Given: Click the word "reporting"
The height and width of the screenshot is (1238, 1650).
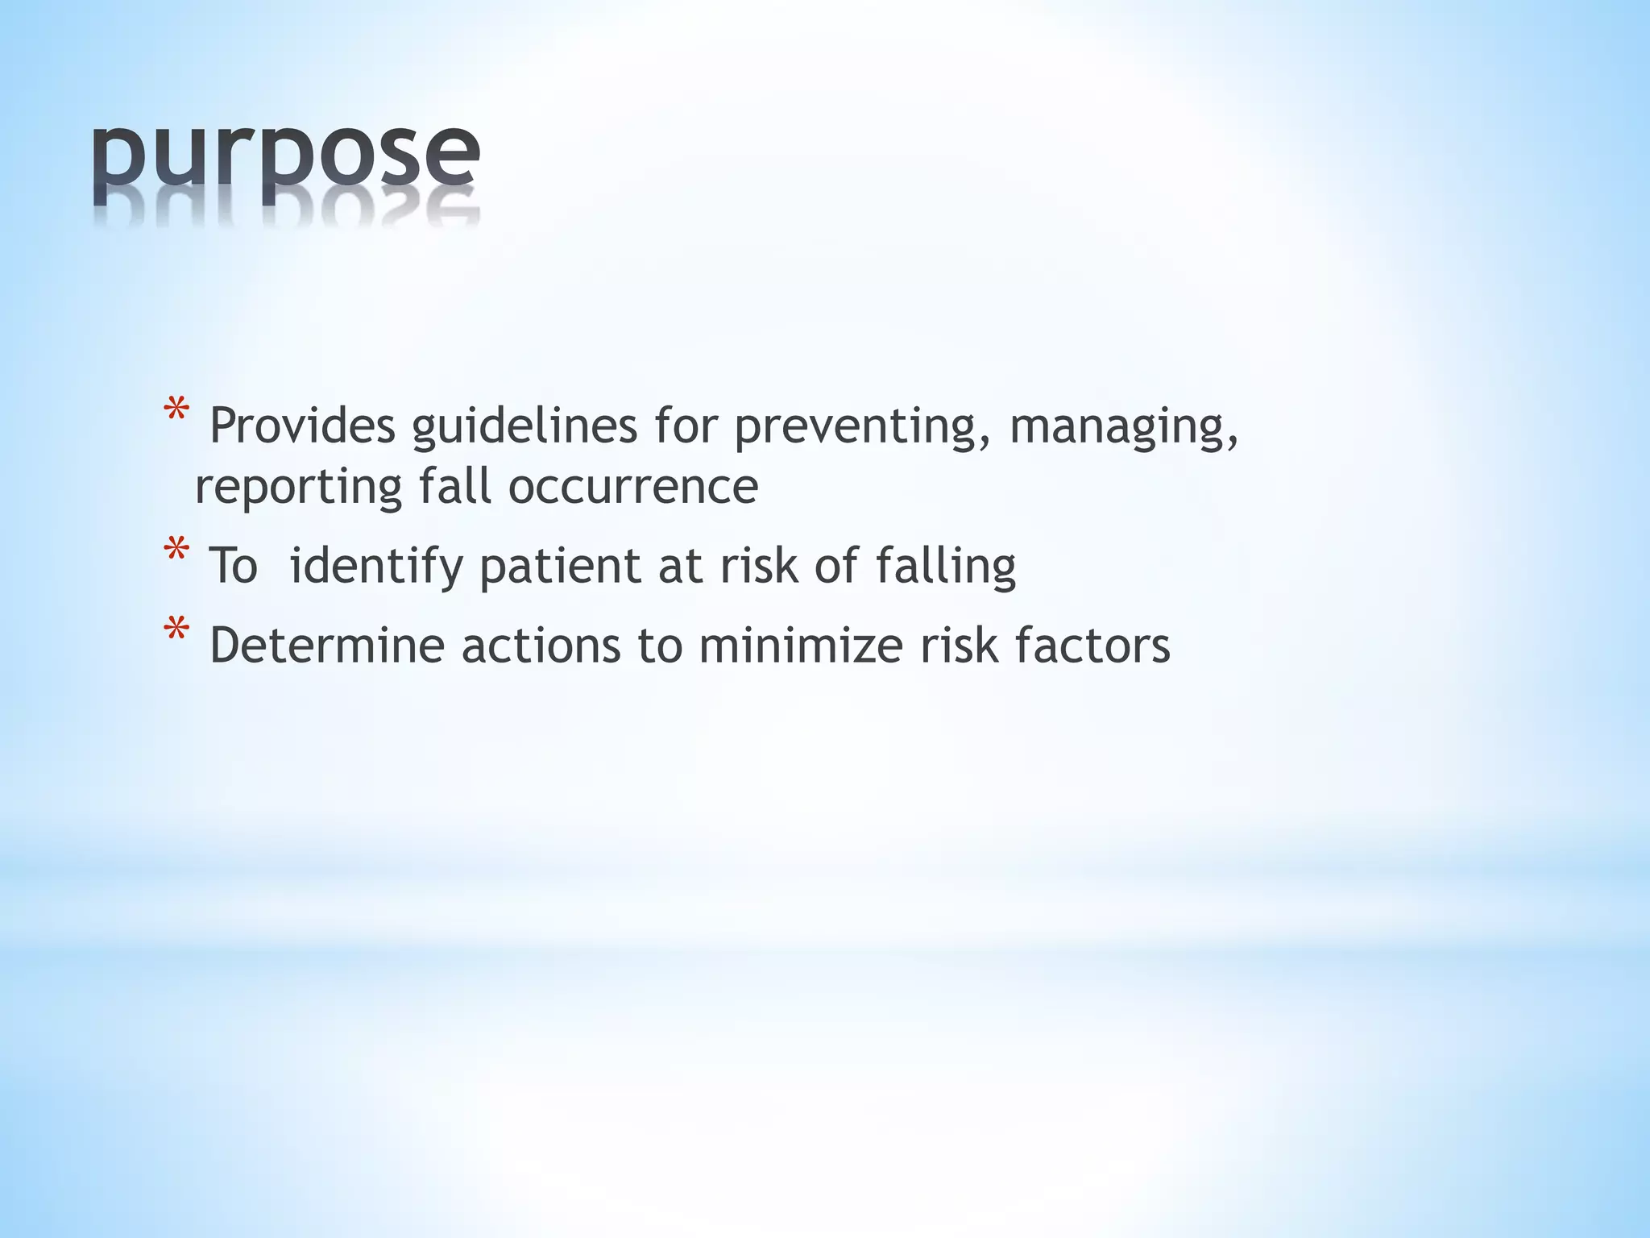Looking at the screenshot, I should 299,488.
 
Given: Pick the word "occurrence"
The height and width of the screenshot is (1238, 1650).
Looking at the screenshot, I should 633,488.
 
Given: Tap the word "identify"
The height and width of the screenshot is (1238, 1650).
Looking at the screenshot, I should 376,566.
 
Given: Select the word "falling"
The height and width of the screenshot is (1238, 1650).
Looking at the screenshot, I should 946,566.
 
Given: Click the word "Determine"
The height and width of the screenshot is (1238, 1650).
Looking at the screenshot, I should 327,646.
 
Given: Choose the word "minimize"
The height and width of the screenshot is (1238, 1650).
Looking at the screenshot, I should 801,646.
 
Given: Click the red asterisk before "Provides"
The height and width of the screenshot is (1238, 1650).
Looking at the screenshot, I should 176,412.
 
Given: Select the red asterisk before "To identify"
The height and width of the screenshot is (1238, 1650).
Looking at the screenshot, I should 176,552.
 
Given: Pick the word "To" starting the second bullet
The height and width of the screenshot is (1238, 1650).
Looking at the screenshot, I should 233,566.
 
